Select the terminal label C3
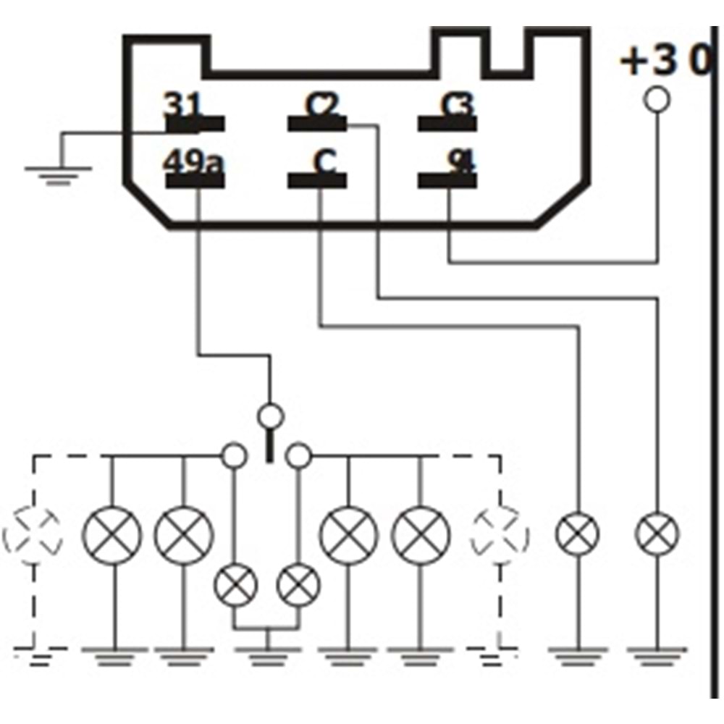pyautogui.click(x=456, y=106)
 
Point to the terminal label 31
pyautogui.click(x=181, y=106)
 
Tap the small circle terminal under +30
pyautogui.click(x=657, y=99)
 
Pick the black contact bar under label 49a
pyautogui.click(x=195, y=180)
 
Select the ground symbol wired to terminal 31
pyautogui.click(x=59, y=172)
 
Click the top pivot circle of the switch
pyautogui.click(x=271, y=416)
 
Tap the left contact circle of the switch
pyautogui.click(x=234, y=455)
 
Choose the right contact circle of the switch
pyautogui.click(x=298, y=455)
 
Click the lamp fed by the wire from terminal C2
pyautogui.click(x=657, y=534)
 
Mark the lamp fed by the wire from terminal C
pyautogui.click(x=577, y=534)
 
